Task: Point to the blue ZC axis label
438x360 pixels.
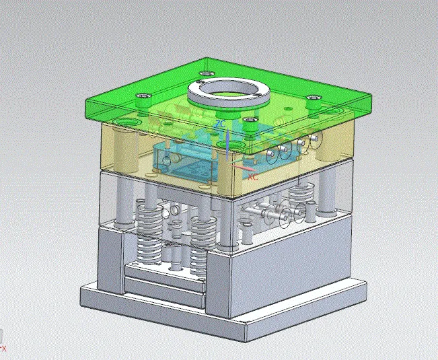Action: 220,125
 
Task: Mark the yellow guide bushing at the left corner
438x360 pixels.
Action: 124,145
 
